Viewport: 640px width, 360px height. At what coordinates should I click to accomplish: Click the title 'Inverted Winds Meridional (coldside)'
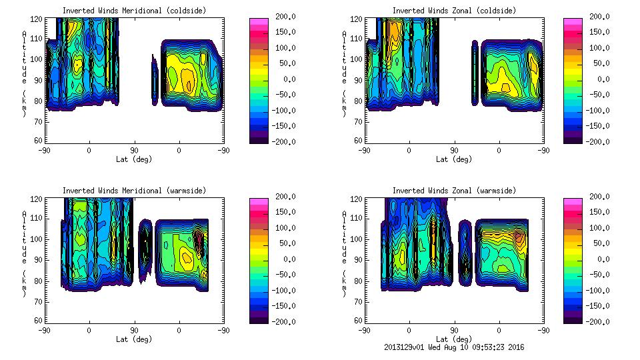134,11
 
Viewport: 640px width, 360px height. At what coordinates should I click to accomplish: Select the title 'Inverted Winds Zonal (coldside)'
454,11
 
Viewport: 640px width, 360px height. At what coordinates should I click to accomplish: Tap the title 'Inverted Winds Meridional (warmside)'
134,191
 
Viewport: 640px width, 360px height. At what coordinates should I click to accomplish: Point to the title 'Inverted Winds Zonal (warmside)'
454,191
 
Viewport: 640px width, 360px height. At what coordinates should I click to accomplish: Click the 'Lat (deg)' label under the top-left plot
134,159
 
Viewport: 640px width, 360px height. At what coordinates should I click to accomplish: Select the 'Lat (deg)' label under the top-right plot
454,159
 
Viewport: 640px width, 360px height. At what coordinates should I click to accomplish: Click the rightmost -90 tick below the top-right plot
543,150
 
